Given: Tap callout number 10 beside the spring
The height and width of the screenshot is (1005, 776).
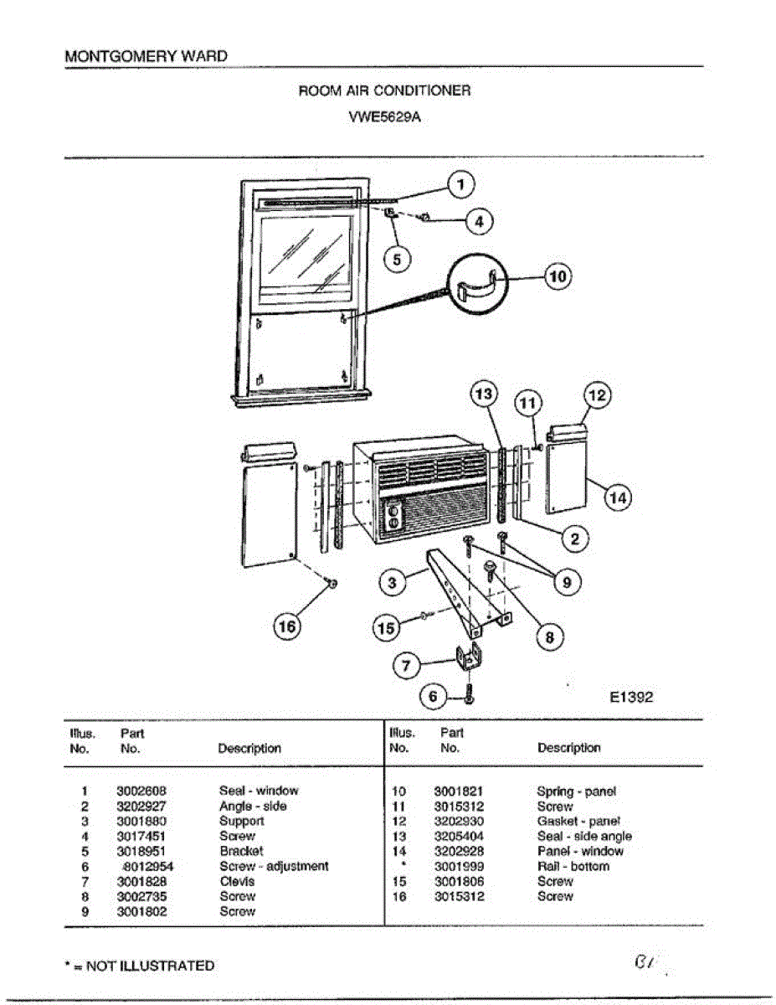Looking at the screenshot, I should (558, 276).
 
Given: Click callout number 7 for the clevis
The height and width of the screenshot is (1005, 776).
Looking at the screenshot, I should (407, 667).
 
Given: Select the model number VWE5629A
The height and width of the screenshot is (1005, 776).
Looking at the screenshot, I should (384, 117).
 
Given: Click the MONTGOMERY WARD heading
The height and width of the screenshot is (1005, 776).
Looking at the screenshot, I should (146, 56).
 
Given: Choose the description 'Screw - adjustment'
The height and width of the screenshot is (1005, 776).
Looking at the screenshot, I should (274, 866).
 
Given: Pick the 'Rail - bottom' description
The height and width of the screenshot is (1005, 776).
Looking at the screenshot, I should (573, 866).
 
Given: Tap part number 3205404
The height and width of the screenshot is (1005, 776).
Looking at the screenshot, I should (459, 836).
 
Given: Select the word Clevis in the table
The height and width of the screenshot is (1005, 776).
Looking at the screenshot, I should (237, 881).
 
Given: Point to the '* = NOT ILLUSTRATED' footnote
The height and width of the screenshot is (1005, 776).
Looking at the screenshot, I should (139, 966).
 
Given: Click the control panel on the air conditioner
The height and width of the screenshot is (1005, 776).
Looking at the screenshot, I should (392, 518).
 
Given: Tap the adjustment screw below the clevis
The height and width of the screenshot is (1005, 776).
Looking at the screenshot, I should (470, 693).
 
